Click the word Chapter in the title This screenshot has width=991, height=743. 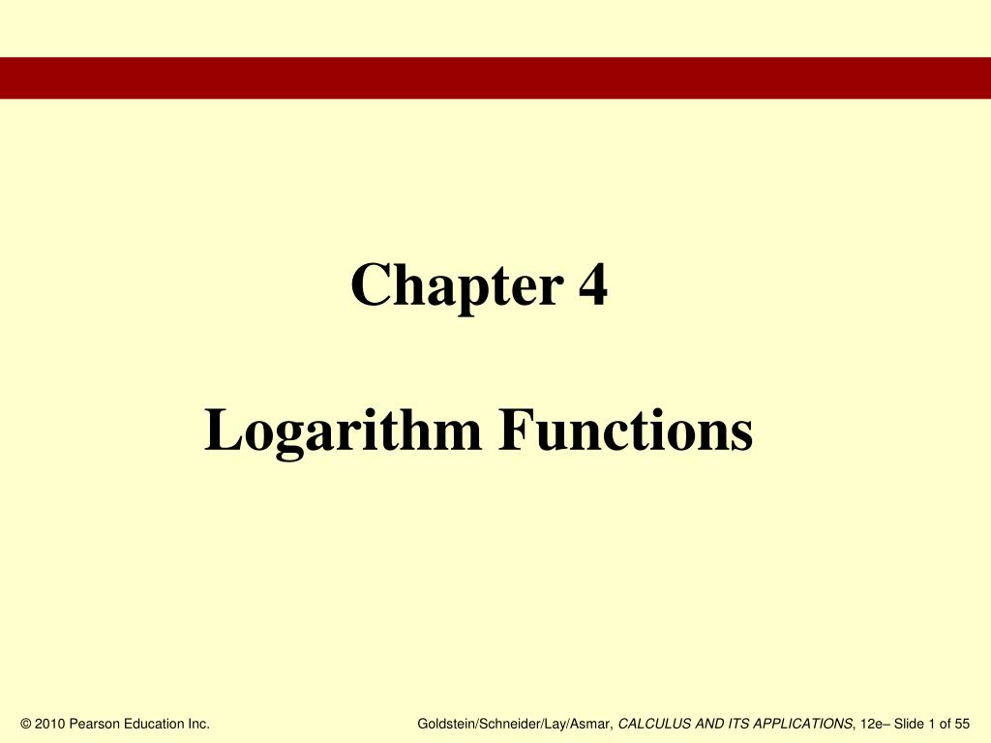point(456,286)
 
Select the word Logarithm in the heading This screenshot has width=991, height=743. point(343,431)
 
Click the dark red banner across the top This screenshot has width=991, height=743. point(495,77)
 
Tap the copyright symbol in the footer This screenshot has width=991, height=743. point(25,724)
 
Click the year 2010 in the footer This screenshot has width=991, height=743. point(50,724)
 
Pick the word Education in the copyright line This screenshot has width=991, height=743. point(154,724)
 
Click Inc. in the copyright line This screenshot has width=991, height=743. point(199,724)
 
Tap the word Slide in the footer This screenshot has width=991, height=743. point(911,724)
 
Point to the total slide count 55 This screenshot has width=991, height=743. point(961,724)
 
